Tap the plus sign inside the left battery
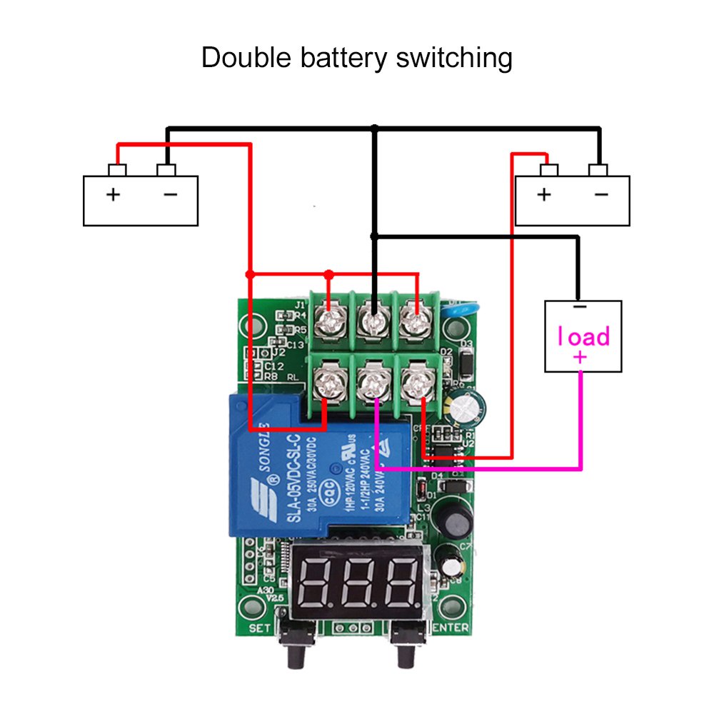click(x=113, y=194)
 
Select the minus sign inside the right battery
click(x=601, y=194)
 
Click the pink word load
click(x=583, y=336)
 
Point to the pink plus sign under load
click(x=580, y=357)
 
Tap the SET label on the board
click(x=260, y=628)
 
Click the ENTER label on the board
click(x=451, y=628)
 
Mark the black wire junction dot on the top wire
click(x=373, y=129)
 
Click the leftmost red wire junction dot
click(x=250, y=274)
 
